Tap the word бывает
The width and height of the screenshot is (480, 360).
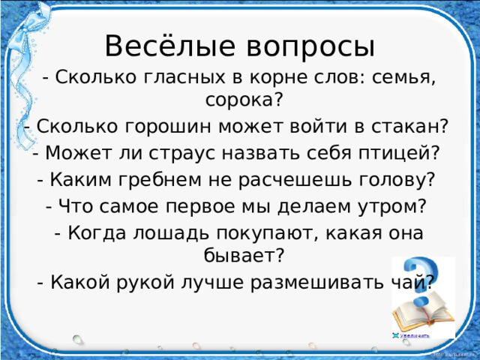pos(238,256)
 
